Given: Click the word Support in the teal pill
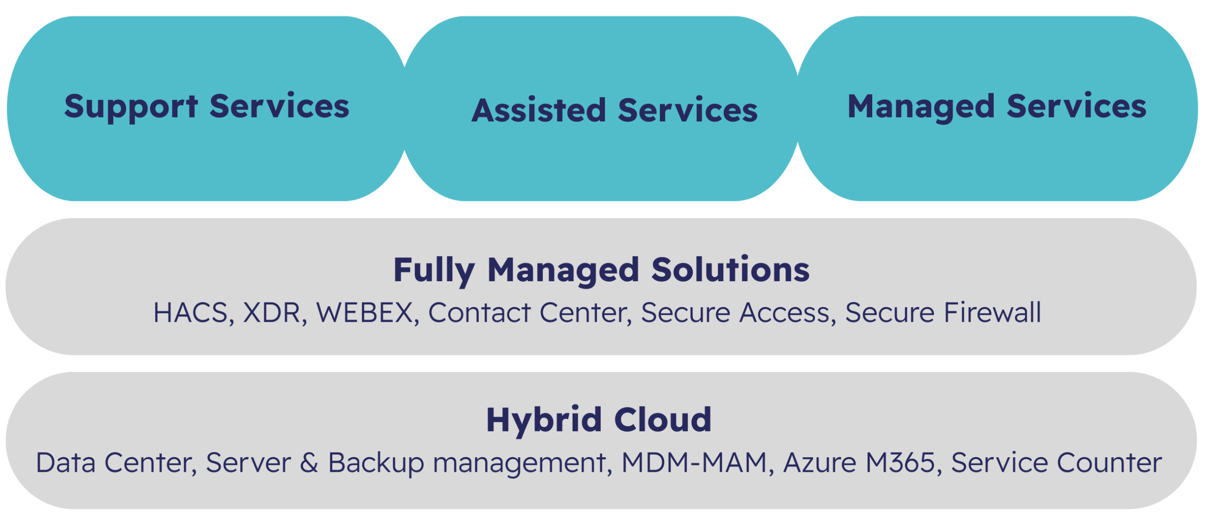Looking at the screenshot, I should pyautogui.click(x=131, y=107).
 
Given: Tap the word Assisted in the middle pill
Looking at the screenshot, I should pyautogui.click(x=538, y=111).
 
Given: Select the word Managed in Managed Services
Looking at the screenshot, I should pyautogui.click(x=921, y=107).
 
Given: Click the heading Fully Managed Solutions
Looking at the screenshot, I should pyautogui.click(x=601, y=270).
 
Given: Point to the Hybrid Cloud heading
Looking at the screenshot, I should pyautogui.click(x=599, y=420).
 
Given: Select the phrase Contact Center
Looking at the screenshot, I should pyautogui.click(x=530, y=313).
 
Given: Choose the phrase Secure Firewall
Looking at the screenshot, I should pyautogui.click(x=943, y=313).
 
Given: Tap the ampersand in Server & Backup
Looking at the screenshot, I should pyautogui.click(x=309, y=463).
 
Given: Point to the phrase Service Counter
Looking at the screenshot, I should pyautogui.click(x=1056, y=463).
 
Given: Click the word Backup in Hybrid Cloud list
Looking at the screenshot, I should pyautogui.click(x=376, y=463).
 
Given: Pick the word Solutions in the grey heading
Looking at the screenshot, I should pyautogui.click(x=730, y=270).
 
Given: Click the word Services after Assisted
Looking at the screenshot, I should pyautogui.click(x=687, y=111).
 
